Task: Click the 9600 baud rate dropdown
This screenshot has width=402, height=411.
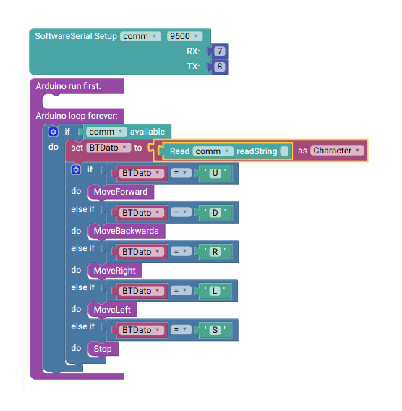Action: tap(184, 36)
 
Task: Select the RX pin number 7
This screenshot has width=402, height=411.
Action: tap(220, 51)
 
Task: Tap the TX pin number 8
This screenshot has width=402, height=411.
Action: tap(220, 67)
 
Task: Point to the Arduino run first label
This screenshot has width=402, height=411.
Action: tap(69, 86)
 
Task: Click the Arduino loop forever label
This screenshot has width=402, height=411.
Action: tap(77, 116)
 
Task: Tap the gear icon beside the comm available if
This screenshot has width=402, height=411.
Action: tap(54, 132)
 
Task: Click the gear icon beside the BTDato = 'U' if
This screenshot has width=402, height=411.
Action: tap(76, 170)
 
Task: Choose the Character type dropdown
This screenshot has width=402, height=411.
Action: tap(338, 151)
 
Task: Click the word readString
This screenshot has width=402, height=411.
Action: tap(257, 151)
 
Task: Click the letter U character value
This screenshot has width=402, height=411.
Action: tap(215, 173)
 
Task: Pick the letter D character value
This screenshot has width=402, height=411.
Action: tap(215, 212)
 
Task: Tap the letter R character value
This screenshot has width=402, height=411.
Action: tap(215, 252)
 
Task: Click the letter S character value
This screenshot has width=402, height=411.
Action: tap(215, 330)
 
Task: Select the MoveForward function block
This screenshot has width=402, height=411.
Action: tap(121, 192)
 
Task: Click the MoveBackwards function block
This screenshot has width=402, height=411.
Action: tap(127, 231)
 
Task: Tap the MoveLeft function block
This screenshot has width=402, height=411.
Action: tap(112, 310)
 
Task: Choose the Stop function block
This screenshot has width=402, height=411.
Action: tap(103, 349)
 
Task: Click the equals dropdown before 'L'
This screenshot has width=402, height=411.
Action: tap(181, 290)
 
